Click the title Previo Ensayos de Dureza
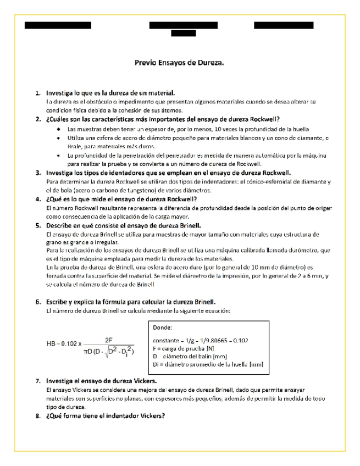(x=180, y=63)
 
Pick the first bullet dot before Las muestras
(x=59, y=129)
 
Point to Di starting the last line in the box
(x=156, y=364)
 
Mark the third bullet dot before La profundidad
(x=59, y=156)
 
